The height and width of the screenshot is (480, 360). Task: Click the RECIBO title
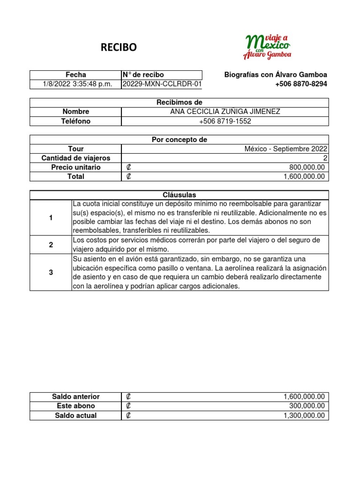[x=120, y=47]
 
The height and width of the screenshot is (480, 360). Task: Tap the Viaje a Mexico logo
[x=267, y=46]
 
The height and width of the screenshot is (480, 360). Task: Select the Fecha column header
[x=75, y=75]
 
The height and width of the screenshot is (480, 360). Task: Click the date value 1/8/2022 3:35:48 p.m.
[x=75, y=84]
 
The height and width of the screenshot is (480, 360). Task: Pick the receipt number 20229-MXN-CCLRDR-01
[x=162, y=84]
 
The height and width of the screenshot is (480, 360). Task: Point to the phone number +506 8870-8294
[x=301, y=84]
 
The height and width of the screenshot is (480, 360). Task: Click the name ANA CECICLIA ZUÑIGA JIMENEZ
[x=225, y=112]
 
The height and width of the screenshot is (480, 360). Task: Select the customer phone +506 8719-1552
[x=225, y=121]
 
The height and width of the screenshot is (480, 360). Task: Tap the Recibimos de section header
[x=180, y=102]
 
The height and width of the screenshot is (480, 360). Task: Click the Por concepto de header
[x=180, y=140]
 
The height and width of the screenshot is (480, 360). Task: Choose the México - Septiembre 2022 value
[x=286, y=149]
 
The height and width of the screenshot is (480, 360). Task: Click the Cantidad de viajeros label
[x=75, y=158]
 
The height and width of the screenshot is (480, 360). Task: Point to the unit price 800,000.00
[x=307, y=167]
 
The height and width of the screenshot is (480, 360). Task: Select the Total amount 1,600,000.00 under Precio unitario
[x=303, y=177]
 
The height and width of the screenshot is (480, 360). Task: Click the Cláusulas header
[x=180, y=195]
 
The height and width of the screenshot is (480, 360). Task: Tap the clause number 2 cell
[x=51, y=245]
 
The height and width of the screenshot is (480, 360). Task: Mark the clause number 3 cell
[x=51, y=272]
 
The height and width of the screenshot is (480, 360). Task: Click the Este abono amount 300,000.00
[x=307, y=406]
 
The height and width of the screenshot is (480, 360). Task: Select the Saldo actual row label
[x=75, y=416]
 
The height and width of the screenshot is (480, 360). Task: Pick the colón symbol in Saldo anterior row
[x=128, y=397]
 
